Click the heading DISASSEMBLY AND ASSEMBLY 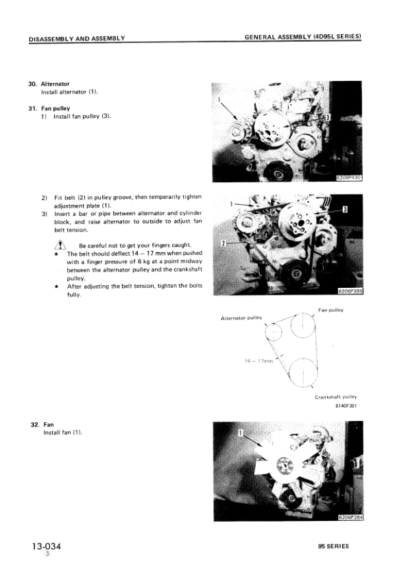coord(76,38)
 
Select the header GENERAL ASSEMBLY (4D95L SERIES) coord(302,37)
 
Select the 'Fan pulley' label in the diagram coord(331,310)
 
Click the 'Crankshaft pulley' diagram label coord(336,396)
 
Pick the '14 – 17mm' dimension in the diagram coord(259,361)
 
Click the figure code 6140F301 coord(346,406)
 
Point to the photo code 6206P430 coord(348,177)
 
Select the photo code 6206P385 coord(350,290)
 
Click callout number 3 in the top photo coord(328,117)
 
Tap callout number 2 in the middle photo coord(224,243)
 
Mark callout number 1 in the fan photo coord(240,433)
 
